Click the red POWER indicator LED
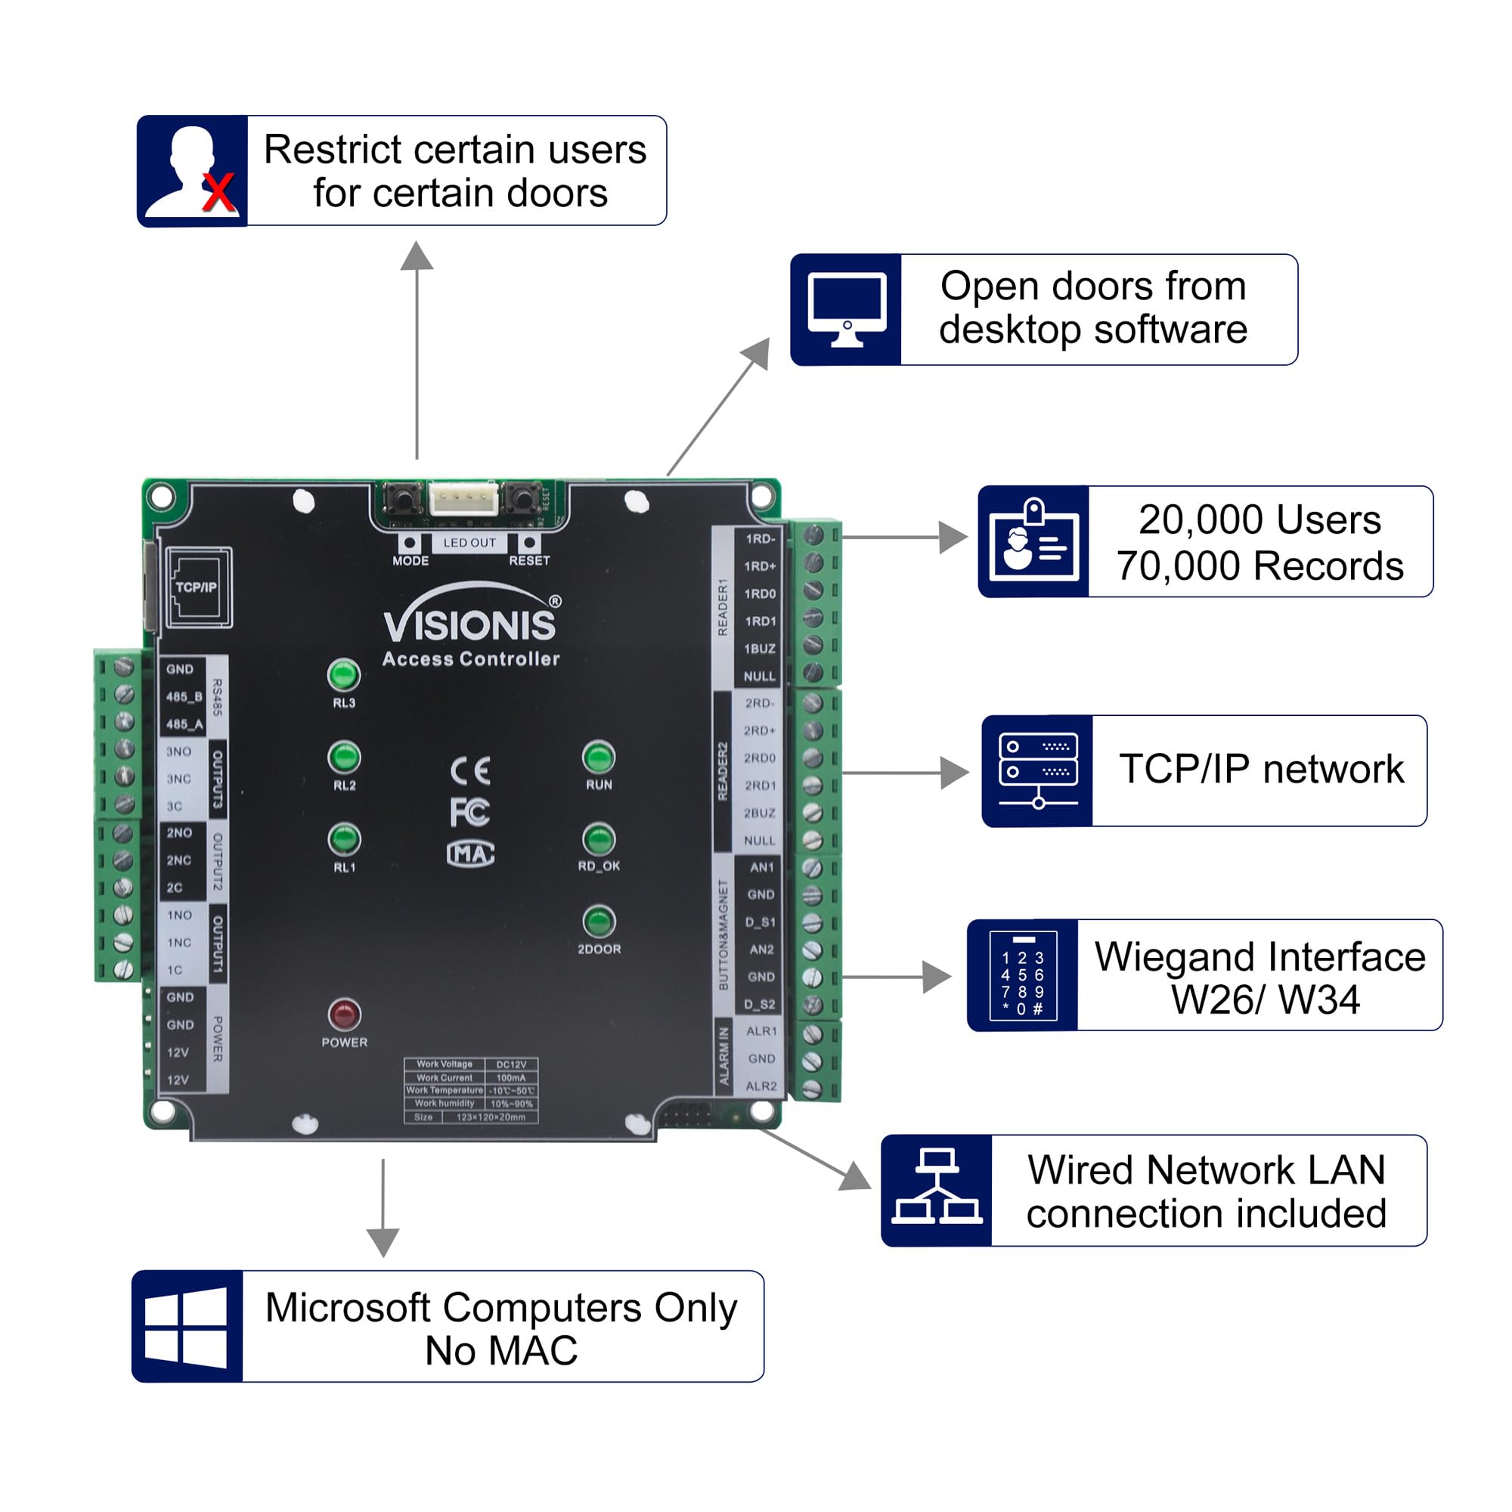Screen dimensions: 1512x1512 (343, 1015)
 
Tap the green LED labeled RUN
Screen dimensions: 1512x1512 (599, 758)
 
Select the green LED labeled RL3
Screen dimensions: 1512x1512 (342, 674)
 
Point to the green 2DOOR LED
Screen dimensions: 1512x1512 (599, 922)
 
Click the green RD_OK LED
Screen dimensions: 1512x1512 (599, 840)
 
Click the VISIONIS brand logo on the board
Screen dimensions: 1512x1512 (471, 623)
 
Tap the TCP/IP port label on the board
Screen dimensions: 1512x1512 (197, 587)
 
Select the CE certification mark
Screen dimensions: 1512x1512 (470, 772)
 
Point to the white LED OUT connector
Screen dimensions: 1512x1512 (463, 497)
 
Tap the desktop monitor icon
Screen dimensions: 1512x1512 (846, 310)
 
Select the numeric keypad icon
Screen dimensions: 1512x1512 (1023, 975)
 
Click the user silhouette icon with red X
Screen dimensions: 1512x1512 (193, 171)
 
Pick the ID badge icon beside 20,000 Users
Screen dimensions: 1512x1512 (1033, 541)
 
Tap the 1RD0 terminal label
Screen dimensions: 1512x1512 (760, 594)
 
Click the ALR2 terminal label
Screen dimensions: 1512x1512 (761, 1086)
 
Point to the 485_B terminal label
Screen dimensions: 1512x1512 (184, 696)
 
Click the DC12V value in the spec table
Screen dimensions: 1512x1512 (511, 1064)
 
